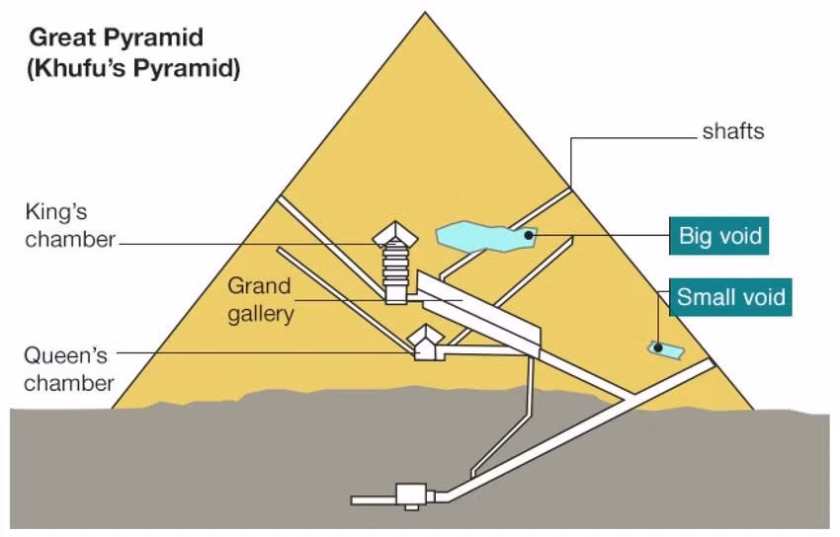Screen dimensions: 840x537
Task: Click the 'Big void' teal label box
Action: click(718, 236)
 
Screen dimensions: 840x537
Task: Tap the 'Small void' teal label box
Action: click(730, 297)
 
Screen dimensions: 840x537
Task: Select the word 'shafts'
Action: click(733, 131)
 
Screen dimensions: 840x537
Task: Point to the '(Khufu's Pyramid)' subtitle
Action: click(133, 69)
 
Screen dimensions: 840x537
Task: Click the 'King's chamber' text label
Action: click(69, 225)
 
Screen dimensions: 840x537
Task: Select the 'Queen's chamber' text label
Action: click(68, 369)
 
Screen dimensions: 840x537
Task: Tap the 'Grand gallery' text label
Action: click(260, 299)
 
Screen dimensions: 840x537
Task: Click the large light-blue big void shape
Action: click(486, 237)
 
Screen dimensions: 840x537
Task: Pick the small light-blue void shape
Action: click(666, 349)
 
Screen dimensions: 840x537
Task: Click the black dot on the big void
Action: click(529, 235)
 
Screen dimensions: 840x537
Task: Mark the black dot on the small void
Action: click(658, 348)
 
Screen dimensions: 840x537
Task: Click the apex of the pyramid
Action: click(425, 12)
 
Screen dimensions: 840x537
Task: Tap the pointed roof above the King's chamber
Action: click(395, 233)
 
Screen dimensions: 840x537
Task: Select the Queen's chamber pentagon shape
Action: click(427, 343)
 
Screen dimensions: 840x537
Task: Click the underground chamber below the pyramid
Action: click(411, 495)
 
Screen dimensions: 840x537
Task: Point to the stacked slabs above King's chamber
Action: click(395, 264)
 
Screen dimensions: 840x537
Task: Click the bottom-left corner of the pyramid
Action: click(112, 409)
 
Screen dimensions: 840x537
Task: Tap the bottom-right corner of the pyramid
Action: click(753, 410)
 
